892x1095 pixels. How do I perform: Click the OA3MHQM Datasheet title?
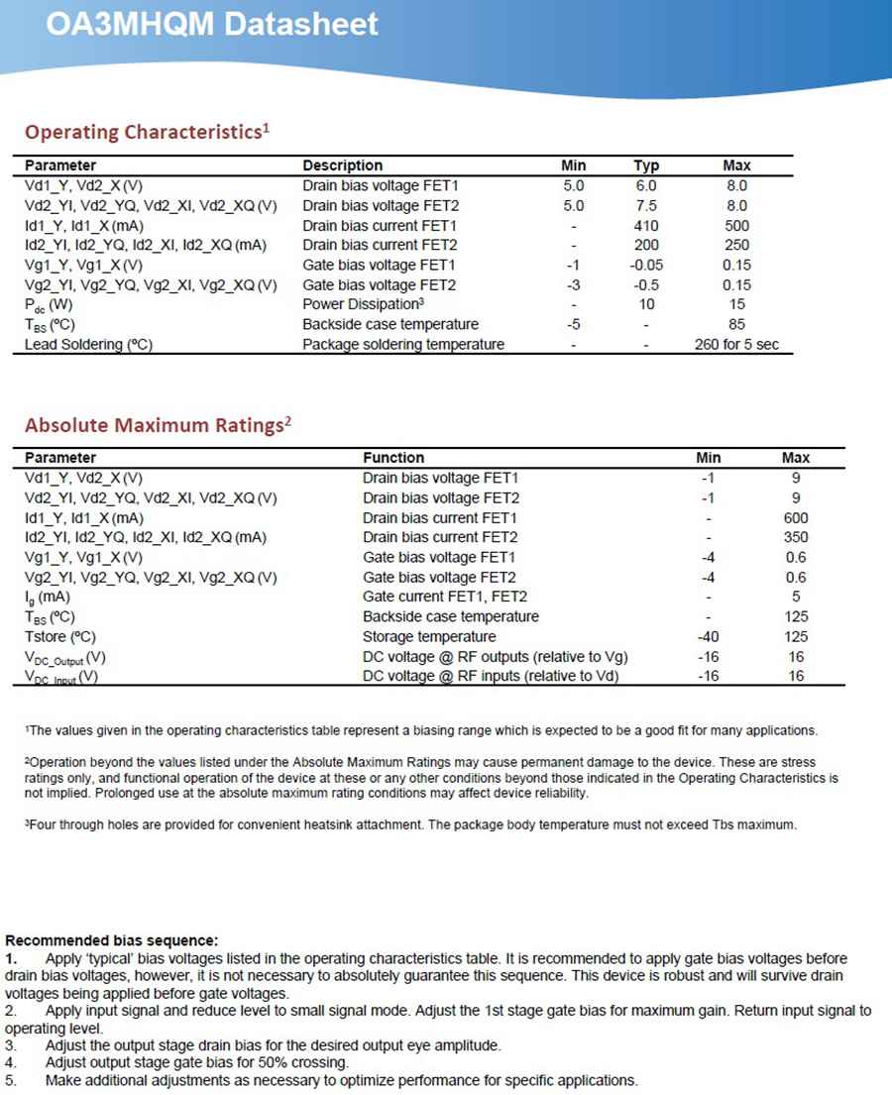[212, 24]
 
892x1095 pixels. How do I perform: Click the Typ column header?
[647, 165]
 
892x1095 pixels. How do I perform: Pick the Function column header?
[393, 458]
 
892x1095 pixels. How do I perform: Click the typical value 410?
[647, 225]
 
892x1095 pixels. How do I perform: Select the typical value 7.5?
[647, 205]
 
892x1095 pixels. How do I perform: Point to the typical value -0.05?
[647, 265]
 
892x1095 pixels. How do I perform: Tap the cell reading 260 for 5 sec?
[736, 344]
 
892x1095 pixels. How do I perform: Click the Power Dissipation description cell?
[364, 304]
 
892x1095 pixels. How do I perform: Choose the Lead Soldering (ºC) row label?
[89, 344]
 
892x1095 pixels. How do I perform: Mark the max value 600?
[795, 517]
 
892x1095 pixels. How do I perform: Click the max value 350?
[795, 537]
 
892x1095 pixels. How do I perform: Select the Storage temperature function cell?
[429, 636]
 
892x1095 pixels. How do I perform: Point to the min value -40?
[709, 636]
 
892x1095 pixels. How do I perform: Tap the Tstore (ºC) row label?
[60, 636]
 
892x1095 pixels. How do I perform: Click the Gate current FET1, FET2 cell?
[445, 597]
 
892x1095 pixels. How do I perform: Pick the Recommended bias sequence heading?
[111, 940]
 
